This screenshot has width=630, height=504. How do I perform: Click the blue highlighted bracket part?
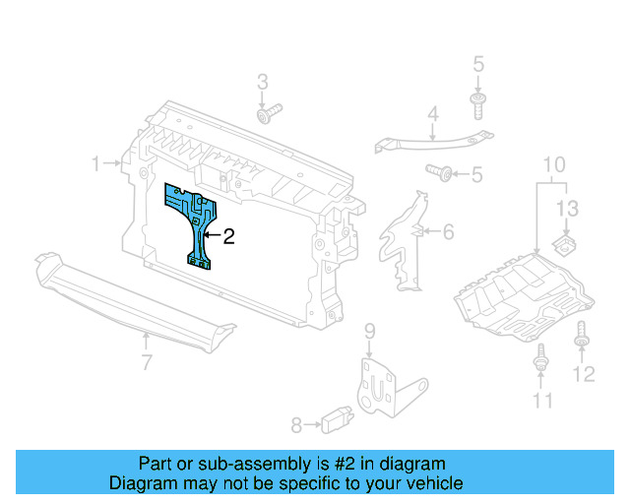click(x=196, y=221)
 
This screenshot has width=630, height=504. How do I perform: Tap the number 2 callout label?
click(x=229, y=236)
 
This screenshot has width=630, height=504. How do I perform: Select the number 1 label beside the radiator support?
click(x=96, y=163)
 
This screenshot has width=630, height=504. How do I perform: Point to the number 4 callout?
click(x=432, y=116)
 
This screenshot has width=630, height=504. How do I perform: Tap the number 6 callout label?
click(x=448, y=232)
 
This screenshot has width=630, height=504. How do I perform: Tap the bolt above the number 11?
click(x=540, y=360)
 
